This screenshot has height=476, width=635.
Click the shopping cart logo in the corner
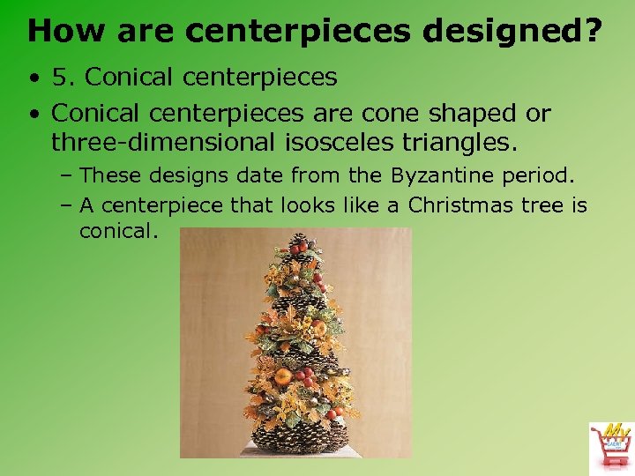click(610, 444)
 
